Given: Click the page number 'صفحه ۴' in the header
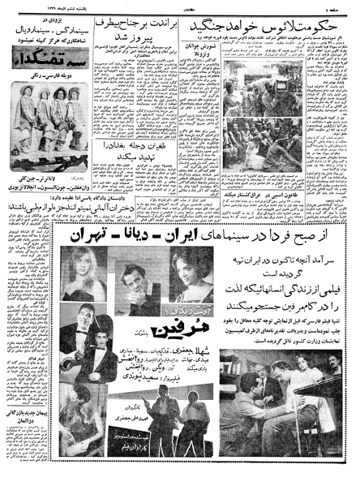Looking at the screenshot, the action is (x=340, y=6).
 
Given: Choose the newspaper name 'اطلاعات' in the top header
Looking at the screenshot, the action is (x=179, y=6).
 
